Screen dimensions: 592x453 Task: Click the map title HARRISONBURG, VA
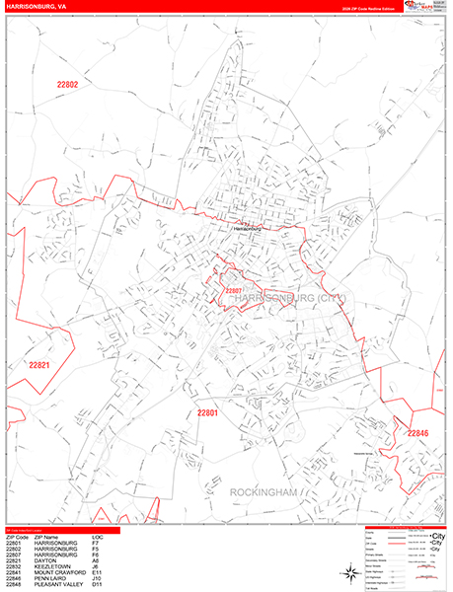pos(36,5)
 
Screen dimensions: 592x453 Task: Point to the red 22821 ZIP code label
pos(38,365)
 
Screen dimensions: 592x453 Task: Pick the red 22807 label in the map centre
pos(233,292)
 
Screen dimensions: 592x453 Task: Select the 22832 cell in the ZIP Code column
pos(14,567)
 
